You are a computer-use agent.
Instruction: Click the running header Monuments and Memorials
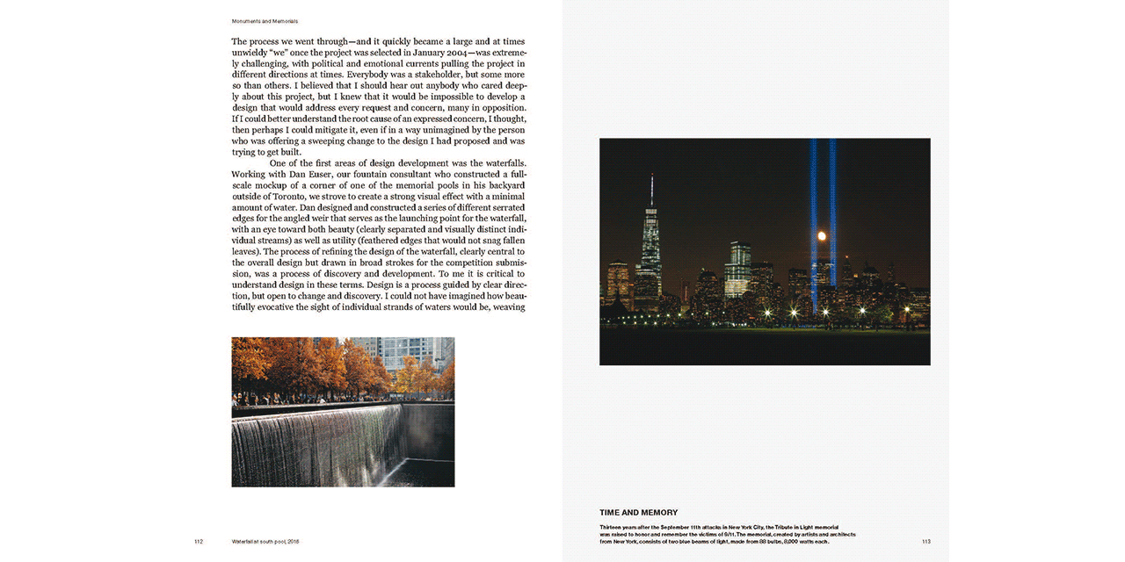pyautogui.click(x=265, y=21)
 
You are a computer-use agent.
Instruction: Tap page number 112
pyautogui.click(x=199, y=542)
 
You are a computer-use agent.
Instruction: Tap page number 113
pyautogui.click(x=925, y=542)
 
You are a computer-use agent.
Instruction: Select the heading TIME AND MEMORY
pyautogui.click(x=638, y=513)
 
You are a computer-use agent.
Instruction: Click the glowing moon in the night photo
pyautogui.click(x=822, y=236)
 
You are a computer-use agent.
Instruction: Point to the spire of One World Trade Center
pyautogui.click(x=651, y=189)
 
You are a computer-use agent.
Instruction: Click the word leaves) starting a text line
pyautogui.click(x=249, y=251)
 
